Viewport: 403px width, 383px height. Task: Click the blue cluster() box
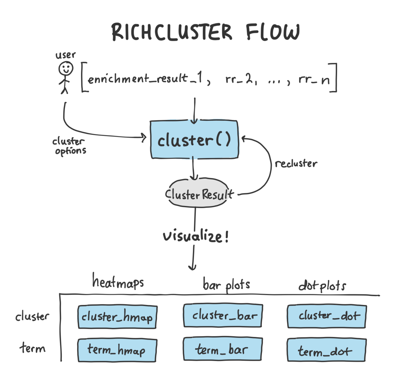coord(194,139)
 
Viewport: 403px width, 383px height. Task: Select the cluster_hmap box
coord(117,317)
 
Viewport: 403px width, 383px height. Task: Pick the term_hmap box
coord(117,350)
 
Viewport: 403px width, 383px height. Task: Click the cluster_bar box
coord(223,316)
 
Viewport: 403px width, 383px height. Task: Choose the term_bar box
coord(223,349)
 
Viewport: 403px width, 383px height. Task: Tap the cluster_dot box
coord(327,316)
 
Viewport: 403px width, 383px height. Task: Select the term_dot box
coord(327,350)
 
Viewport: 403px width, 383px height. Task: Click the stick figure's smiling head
coord(66,69)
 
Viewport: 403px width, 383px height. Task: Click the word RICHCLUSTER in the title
coord(172,32)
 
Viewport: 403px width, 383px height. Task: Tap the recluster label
coord(296,164)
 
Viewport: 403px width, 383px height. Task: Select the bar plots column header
coord(226,285)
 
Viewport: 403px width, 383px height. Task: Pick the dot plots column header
coord(322,286)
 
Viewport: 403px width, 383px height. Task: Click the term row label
coord(33,348)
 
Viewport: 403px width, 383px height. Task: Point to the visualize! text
coord(196,236)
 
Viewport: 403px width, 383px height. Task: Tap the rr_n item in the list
coord(314,79)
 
